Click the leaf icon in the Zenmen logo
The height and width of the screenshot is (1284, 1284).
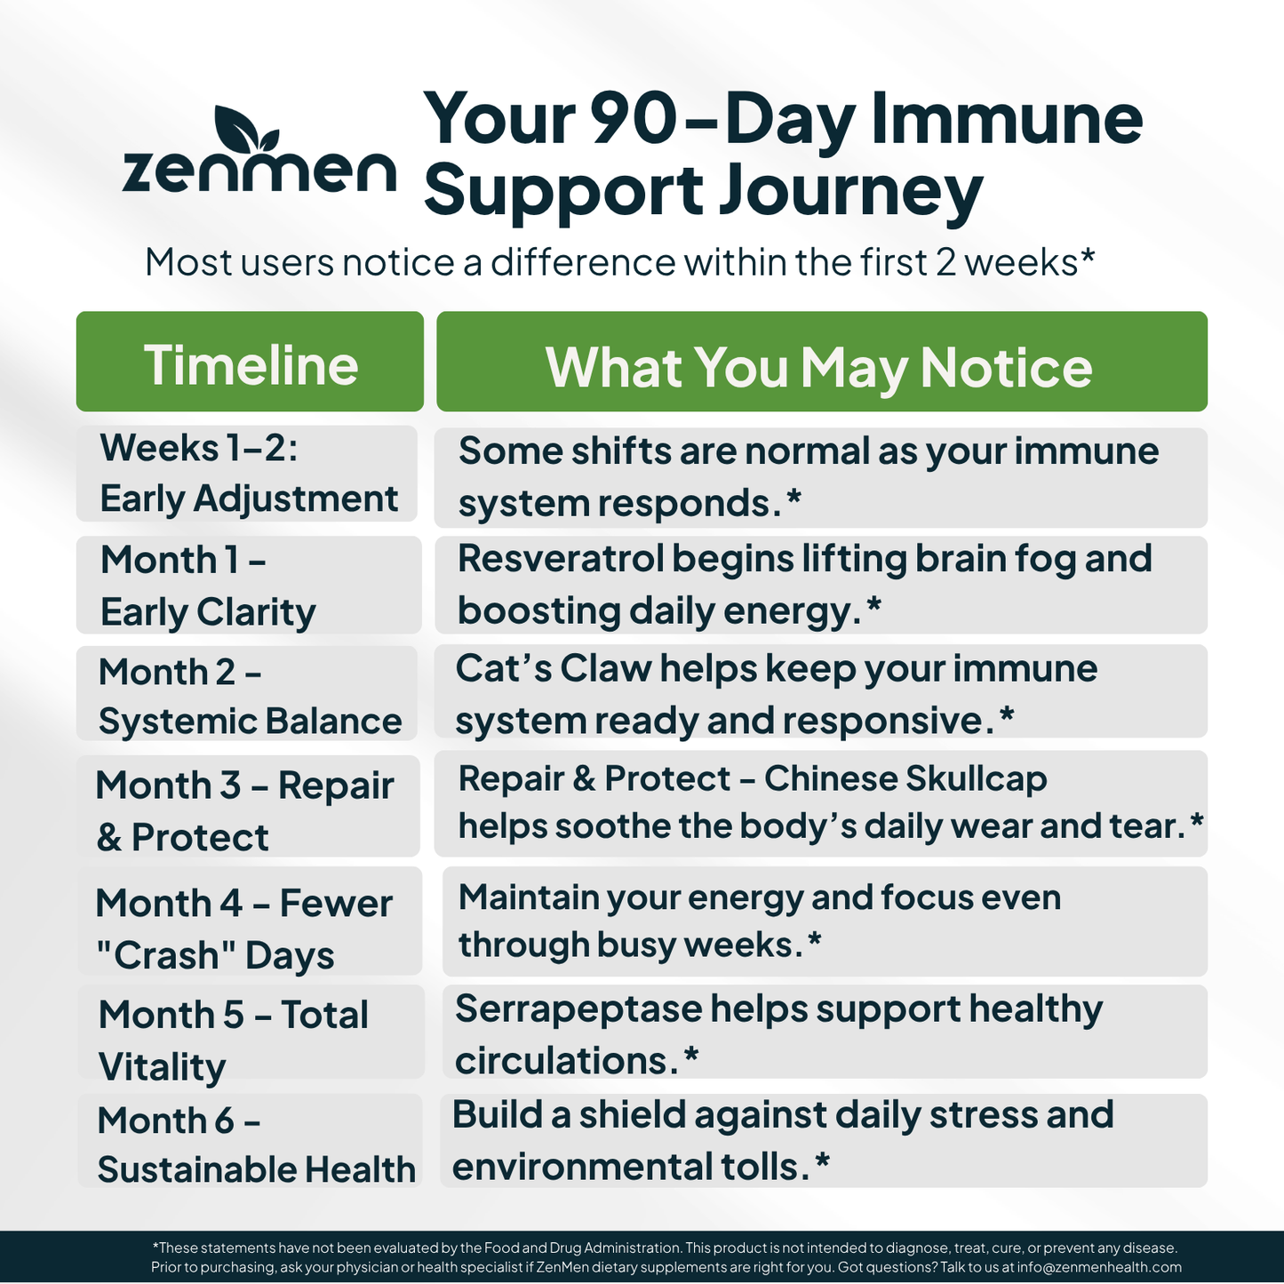pyautogui.click(x=245, y=132)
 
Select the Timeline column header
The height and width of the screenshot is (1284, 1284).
pyautogui.click(x=251, y=363)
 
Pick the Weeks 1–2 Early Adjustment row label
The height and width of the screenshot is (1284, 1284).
pyautogui.click(x=248, y=474)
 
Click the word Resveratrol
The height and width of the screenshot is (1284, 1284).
pyautogui.click(x=561, y=560)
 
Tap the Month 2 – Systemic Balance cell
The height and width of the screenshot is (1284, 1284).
pyautogui.click(x=249, y=696)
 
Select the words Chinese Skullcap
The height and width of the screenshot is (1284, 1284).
pyautogui.click(x=905, y=779)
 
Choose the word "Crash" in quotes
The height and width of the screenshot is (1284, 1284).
pyautogui.click(x=165, y=956)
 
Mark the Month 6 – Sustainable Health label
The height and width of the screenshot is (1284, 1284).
pyautogui.click(x=255, y=1144)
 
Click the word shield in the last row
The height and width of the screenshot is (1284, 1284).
pyautogui.click(x=631, y=1115)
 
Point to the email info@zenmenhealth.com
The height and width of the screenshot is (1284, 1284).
pyautogui.click(x=1099, y=1267)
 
